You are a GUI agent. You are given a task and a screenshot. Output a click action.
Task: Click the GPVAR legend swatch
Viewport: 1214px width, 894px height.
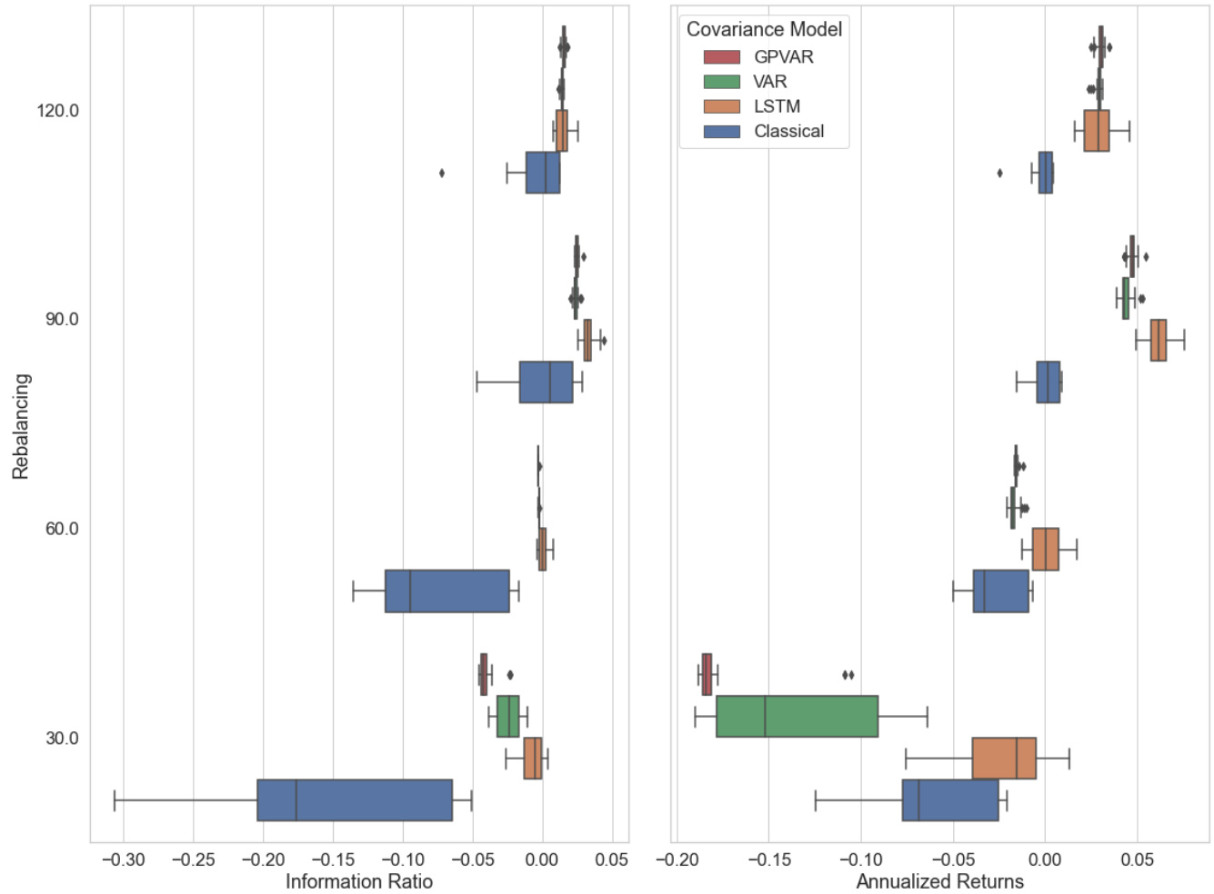click(721, 57)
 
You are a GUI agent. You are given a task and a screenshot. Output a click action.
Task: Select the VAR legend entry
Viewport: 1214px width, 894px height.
click(769, 82)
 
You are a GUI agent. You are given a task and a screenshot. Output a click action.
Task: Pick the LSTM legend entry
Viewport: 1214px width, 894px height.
click(776, 106)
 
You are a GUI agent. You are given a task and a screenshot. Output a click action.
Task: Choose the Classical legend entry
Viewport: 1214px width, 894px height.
click(788, 131)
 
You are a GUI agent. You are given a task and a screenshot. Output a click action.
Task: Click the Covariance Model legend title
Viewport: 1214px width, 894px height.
click(764, 29)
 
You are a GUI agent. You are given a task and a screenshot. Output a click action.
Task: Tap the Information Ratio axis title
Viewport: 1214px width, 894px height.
click(359, 881)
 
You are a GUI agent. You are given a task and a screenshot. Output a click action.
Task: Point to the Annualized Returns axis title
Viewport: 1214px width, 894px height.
click(939, 881)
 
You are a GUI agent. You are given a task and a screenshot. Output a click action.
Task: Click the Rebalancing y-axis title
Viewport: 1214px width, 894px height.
click(21, 426)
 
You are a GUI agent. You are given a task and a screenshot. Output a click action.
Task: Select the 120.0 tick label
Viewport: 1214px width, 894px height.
click(57, 111)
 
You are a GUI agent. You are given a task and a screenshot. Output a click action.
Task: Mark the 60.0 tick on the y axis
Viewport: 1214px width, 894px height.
click(62, 529)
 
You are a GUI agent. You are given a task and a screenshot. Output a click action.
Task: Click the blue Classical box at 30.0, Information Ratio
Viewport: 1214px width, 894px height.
click(355, 800)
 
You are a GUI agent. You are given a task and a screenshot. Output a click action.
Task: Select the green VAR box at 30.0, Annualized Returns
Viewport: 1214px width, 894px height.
click(797, 716)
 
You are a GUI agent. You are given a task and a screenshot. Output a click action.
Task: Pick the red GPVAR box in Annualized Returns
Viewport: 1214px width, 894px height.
click(707, 674)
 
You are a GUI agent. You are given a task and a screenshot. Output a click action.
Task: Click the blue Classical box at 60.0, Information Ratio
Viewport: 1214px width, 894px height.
click(446, 591)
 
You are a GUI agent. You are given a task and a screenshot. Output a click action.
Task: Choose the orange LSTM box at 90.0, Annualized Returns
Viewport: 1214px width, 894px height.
click(1158, 341)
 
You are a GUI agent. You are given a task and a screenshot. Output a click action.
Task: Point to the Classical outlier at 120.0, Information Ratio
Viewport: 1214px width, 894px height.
click(442, 173)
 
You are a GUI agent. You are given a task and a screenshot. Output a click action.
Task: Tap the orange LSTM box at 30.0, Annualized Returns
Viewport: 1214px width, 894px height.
click(1004, 759)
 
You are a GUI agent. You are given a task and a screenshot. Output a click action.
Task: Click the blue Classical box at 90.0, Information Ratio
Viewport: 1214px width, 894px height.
click(546, 382)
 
